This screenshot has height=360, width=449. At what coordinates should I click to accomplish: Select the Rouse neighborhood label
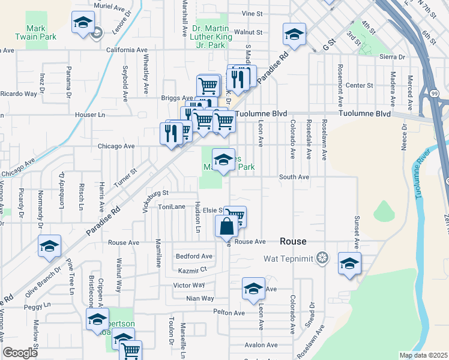point(294,241)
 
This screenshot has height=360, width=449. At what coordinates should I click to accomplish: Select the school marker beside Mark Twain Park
point(83,25)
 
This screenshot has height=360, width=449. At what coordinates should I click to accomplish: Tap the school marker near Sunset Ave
point(349,264)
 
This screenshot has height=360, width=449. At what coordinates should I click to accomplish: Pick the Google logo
point(20,353)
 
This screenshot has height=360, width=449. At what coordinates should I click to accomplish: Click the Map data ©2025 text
point(423,355)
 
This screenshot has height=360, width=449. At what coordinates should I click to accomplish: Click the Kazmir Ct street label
point(196,271)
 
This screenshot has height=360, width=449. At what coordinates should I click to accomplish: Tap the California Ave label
point(127,50)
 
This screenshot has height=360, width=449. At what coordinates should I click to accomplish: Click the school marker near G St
point(294,35)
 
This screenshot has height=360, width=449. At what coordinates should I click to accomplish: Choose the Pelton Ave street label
point(229,313)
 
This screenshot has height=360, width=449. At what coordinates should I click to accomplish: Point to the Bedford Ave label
point(194,256)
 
